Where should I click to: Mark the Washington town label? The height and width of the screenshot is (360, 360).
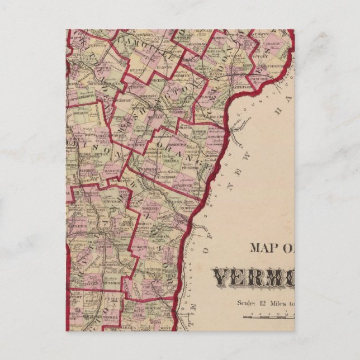(172, 135)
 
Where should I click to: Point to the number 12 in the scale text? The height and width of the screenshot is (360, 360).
(262, 304)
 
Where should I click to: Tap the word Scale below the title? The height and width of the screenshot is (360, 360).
(245, 304)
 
